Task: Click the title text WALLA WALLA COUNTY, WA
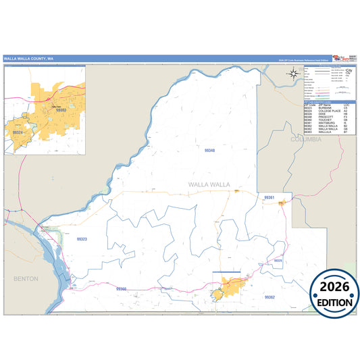coord(28,59)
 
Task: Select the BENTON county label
coord(26,278)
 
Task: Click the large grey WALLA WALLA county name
coord(209,184)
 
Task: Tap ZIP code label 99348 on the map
coord(209,150)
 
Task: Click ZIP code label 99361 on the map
coord(269,197)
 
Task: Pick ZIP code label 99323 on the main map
coord(82,238)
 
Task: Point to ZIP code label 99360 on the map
coord(121,289)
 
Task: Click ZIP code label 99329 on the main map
coord(278,260)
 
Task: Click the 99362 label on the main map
coord(269,297)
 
